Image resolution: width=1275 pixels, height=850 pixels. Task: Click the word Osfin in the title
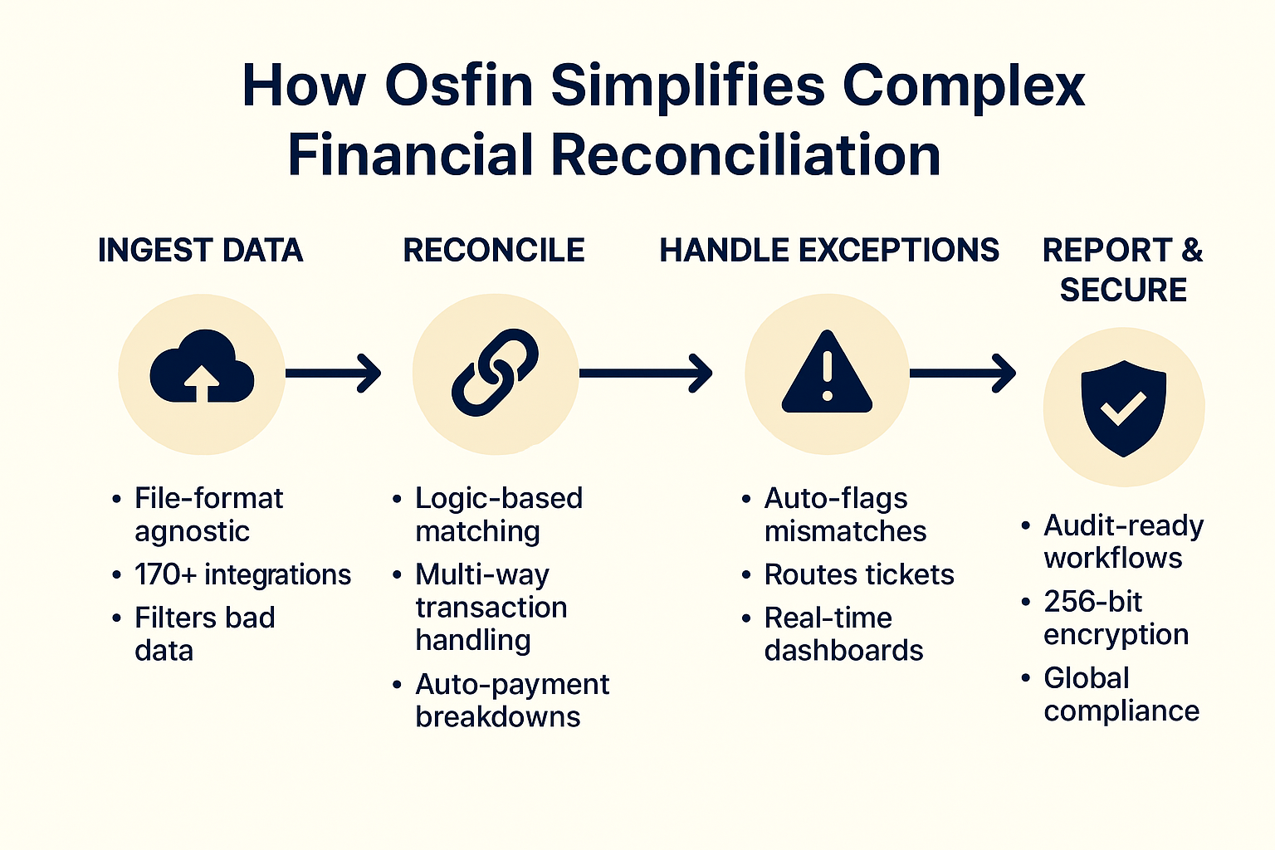click(x=458, y=85)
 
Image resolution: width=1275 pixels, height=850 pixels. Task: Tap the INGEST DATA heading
click(x=200, y=251)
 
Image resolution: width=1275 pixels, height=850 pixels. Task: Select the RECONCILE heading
click(x=494, y=251)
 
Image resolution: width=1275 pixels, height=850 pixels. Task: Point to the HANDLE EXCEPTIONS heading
click(x=829, y=251)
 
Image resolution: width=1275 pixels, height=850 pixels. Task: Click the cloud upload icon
click(x=202, y=373)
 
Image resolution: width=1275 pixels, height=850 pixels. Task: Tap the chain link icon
click(x=495, y=373)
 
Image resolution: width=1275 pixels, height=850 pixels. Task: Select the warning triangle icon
click(x=827, y=373)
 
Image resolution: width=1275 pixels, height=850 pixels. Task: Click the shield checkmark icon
click(x=1123, y=407)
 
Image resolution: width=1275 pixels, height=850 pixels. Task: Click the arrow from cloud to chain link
click(x=332, y=374)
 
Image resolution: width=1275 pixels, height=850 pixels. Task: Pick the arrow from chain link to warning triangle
click(x=645, y=374)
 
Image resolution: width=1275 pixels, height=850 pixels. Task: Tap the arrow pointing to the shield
click(x=962, y=374)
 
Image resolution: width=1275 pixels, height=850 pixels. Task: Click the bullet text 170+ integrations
click(x=242, y=574)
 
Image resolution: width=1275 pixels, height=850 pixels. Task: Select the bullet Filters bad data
click(x=204, y=634)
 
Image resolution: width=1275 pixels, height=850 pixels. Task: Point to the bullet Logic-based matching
click(x=498, y=515)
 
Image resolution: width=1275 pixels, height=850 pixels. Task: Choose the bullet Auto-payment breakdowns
click(x=511, y=701)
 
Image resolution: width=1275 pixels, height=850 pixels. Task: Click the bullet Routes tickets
click(x=858, y=574)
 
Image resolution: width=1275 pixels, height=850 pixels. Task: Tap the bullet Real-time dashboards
click(x=843, y=634)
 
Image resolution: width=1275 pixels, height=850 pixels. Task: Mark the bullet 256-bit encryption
click(x=1115, y=618)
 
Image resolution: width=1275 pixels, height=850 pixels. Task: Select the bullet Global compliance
click(x=1121, y=695)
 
